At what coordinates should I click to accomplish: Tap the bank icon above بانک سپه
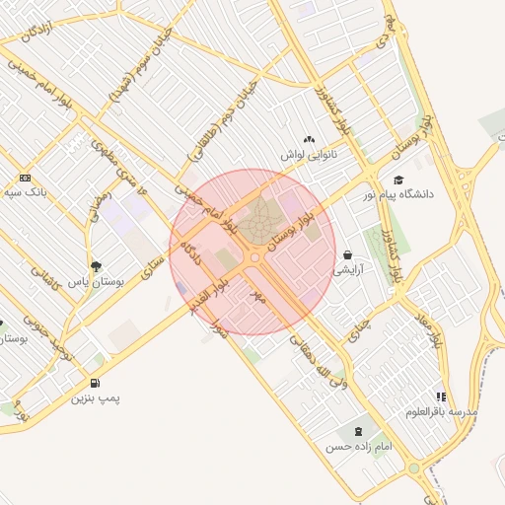(25, 178)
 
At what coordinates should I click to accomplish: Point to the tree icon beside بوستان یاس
(95, 266)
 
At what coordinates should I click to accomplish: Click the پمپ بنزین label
(96, 398)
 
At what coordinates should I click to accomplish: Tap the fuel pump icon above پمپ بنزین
(95, 383)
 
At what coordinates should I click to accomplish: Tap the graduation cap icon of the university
(398, 180)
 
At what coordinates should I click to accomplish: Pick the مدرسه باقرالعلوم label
(444, 410)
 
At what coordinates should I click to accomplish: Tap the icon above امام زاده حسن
(356, 432)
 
